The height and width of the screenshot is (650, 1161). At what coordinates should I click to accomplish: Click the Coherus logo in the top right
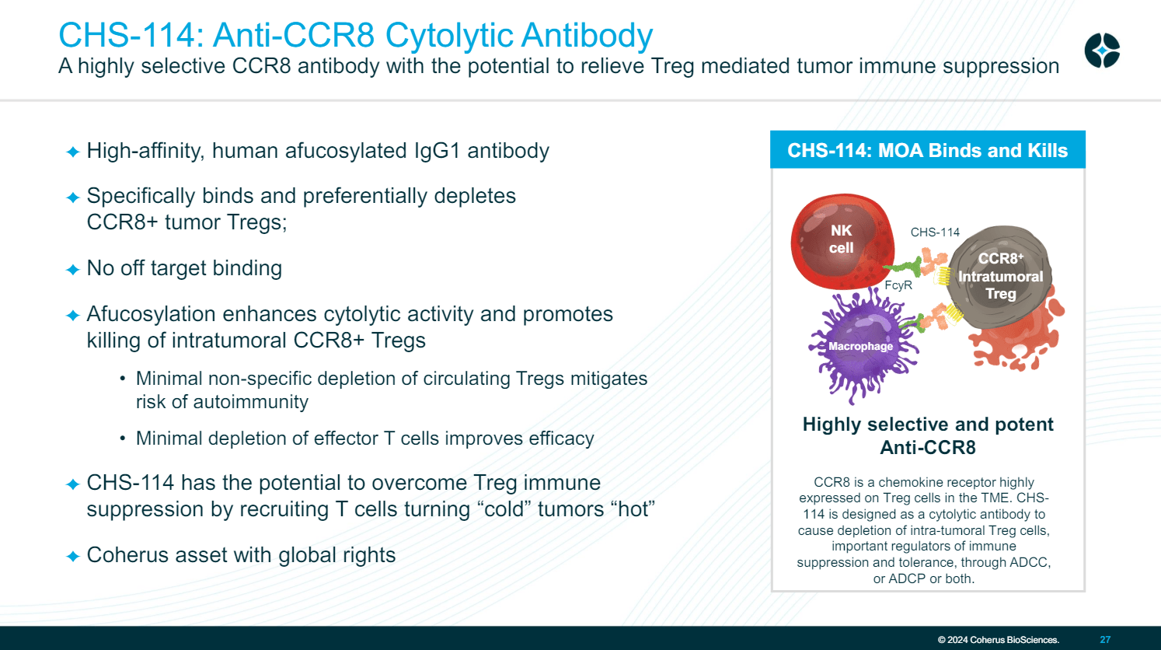1102,51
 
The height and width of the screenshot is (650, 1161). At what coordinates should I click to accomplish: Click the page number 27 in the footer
1105,640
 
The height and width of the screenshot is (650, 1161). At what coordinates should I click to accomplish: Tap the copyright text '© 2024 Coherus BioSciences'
998,640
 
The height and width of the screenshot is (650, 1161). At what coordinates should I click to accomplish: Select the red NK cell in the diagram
840,240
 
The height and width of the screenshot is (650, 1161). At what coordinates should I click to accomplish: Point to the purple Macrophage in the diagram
860,346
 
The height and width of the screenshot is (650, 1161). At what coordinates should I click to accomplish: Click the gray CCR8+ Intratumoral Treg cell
1000,276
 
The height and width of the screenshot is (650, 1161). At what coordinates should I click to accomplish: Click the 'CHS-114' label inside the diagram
935,232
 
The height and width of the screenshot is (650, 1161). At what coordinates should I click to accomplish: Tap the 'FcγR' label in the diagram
898,285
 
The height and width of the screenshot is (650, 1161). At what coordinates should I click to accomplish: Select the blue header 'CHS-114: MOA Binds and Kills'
927,150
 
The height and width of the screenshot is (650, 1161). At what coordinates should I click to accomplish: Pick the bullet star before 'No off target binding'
73,270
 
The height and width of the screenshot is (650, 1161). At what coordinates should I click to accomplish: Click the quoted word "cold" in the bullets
504,509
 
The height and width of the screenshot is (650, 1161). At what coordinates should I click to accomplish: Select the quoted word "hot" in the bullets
633,509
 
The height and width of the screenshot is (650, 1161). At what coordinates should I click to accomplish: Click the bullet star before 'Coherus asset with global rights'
73,557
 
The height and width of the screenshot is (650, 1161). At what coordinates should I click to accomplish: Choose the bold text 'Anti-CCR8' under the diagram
927,448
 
